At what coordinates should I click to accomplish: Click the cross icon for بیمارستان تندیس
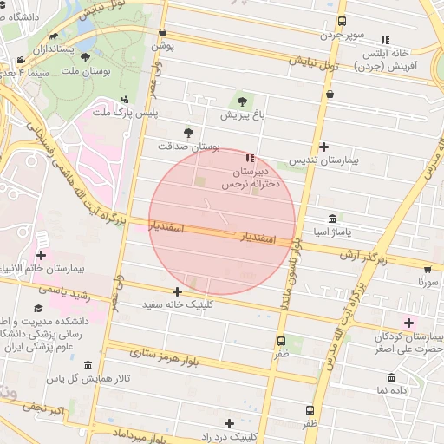tap(324, 147)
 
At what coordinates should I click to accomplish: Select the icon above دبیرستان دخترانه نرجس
tap(250, 158)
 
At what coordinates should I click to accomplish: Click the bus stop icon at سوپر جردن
tap(342, 21)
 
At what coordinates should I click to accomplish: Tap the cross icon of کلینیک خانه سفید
tap(178, 291)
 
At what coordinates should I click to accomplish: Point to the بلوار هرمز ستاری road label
tap(165, 354)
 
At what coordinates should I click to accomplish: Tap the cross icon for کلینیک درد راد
tap(229, 423)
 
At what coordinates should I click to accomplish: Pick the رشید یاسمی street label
tap(64, 291)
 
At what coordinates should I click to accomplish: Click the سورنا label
tap(428, 282)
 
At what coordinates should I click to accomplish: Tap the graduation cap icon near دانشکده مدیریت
tap(37, 308)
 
